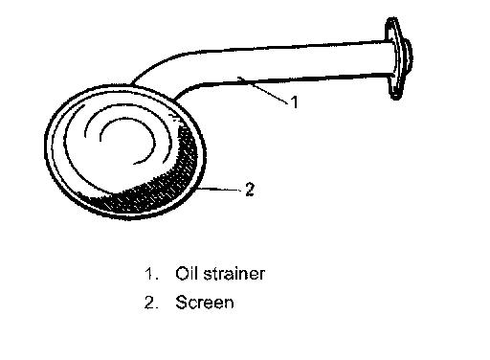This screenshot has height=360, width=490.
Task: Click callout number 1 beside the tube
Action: pos(295,101)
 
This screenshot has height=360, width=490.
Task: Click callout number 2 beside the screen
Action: pos(250,190)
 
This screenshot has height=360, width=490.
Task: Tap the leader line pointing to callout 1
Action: pos(263,90)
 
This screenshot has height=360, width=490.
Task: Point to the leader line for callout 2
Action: pos(219,190)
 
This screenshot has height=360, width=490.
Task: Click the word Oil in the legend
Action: pos(188,273)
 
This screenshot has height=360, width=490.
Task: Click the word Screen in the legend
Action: pos(205,303)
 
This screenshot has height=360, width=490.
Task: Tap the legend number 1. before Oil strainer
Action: pos(151,274)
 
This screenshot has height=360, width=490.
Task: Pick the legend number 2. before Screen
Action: pos(151,303)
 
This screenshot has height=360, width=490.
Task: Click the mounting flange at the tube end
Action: pos(395,58)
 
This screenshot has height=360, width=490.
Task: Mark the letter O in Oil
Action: pos(181,274)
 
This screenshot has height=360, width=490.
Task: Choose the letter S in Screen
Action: pos(181,303)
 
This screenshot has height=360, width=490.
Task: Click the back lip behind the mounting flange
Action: pos(409,57)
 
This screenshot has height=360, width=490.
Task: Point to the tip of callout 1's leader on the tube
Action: pos(239,78)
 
